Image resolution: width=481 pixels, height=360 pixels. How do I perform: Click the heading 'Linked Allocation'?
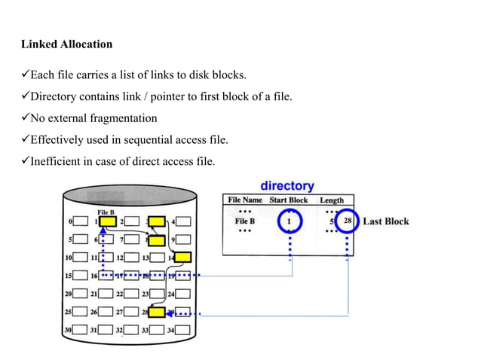pos(66,44)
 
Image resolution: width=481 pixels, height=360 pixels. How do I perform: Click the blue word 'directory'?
pos(287,185)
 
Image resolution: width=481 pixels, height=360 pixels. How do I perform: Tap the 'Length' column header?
pos(331,200)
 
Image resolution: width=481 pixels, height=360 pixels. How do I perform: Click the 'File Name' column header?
pos(245,200)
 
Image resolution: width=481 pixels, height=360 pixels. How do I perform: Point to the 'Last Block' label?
pos(386,221)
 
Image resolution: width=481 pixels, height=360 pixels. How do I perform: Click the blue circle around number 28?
pos(346,221)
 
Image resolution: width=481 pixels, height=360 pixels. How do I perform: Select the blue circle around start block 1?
pos(290,221)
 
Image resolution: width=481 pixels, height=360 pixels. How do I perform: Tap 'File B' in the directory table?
pos(244,221)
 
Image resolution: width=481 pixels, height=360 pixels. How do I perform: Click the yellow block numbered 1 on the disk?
pos(108,222)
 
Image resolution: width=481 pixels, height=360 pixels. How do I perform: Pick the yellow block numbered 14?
pos(182,258)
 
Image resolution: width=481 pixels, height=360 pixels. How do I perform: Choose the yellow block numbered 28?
pos(157,312)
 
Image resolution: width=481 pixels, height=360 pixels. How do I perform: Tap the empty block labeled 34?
pos(182,330)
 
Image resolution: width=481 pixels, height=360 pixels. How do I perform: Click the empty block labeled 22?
pos(132,294)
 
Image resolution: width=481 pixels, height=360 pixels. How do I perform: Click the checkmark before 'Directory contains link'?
pos(25,96)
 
